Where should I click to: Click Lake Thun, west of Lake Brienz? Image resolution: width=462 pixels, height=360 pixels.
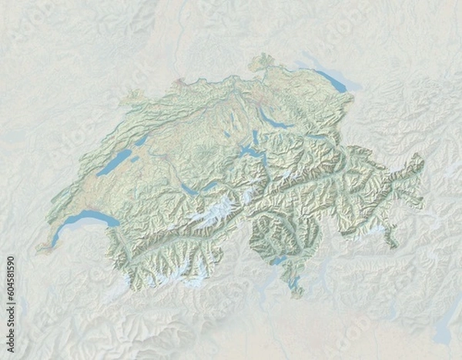click(189, 189)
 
